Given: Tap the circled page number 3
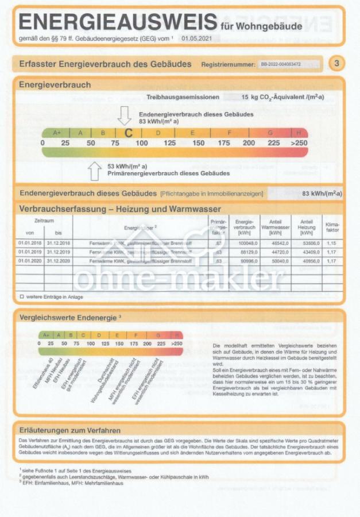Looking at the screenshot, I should tap(336, 63).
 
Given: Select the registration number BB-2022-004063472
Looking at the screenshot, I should tap(280, 64).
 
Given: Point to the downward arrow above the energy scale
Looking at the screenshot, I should tap(124, 116).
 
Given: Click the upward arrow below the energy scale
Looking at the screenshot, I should tap(95, 170).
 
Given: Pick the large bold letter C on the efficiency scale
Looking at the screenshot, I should tap(129, 133).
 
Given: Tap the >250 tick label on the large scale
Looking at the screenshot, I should tap(299, 142).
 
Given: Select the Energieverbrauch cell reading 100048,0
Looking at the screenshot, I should tap(244, 244).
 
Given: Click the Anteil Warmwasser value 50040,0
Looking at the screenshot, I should tap(275, 262).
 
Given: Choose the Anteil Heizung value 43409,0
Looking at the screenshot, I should tap(306, 253).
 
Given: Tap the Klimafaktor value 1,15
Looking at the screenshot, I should tap(332, 244).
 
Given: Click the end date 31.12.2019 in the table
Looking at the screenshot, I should tap(58, 253).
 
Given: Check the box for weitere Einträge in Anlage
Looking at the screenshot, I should tap(21, 296).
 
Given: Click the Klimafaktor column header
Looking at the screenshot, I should tap(332, 226).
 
